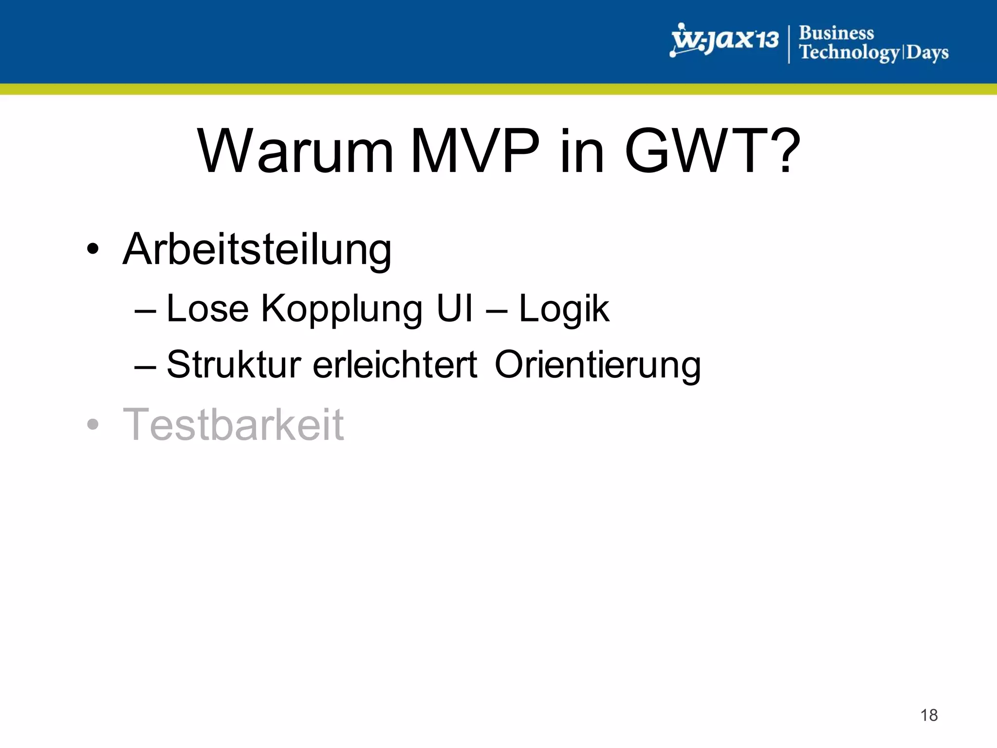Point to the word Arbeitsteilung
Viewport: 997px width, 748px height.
257,250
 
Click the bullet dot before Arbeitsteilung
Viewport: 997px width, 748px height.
92,250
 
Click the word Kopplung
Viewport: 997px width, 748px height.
342,309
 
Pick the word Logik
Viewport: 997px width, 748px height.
564,309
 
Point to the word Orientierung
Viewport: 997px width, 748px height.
598,365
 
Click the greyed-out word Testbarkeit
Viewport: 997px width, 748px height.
234,425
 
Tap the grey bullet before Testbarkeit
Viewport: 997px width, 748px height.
92,425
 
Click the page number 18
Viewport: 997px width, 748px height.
929,715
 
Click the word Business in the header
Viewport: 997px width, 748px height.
836,33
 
